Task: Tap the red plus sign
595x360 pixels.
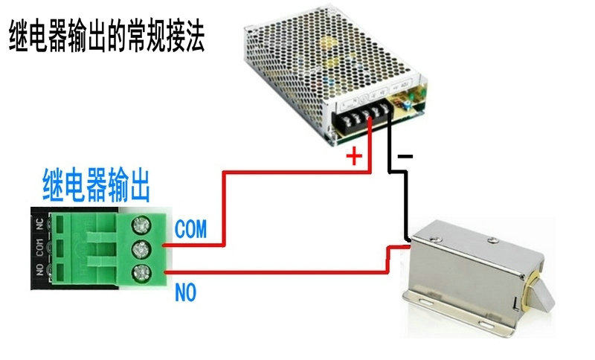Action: click(x=355, y=157)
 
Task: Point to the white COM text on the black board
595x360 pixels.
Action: click(x=39, y=245)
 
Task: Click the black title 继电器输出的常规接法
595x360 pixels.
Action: click(x=106, y=35)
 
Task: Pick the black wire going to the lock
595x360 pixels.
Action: click(x=405, y=201)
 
